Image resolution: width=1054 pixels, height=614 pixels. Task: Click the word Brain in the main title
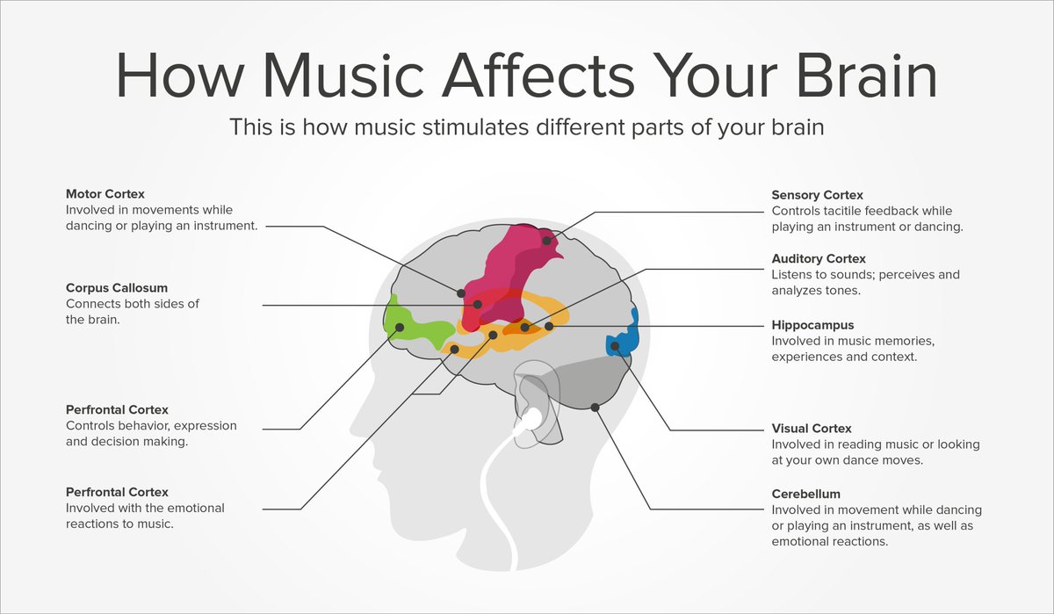(867, 76)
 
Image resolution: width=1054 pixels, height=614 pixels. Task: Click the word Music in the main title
(344, 76)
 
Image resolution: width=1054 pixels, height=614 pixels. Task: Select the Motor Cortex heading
(105, 194)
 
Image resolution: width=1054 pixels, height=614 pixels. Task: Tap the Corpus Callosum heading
(117, 287)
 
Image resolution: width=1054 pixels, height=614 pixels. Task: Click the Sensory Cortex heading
(818, 195)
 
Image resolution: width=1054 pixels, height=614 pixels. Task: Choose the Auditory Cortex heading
(819, 258)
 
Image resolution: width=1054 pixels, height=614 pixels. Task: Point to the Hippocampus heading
(812, 325)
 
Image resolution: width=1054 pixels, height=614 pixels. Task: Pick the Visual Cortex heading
(812, 428)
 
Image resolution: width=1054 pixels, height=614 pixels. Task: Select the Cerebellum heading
(806, 494)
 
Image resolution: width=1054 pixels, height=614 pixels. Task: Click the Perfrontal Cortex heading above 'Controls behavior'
(117, 409)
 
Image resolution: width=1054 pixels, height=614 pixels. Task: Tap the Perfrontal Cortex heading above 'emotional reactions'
(117, 492)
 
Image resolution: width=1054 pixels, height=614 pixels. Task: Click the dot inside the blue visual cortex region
(615, 346)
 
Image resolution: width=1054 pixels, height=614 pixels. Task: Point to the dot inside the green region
(400, 327)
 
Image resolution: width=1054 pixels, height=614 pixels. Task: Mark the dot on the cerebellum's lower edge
(595, 407)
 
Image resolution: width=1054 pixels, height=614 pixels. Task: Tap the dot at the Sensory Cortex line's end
(546, 241)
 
